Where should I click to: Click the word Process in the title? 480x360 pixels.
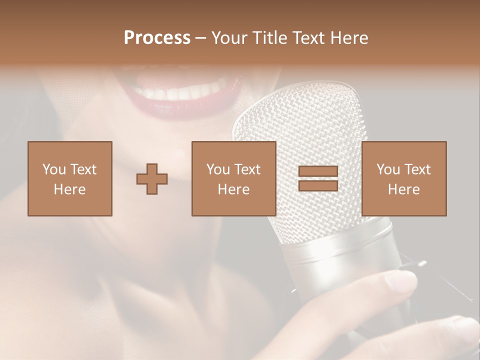coord(157,38)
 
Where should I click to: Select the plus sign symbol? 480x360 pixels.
coord(152,179)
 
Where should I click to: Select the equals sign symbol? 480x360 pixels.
coord(318,179)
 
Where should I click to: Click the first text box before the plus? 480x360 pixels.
coord(69,178)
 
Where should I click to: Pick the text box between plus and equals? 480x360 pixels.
coord(233,178)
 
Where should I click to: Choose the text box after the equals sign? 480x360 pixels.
coord(403,178)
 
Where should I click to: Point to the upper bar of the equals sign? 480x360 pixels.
coord(318,172)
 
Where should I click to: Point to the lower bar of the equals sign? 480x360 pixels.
coord(318,185)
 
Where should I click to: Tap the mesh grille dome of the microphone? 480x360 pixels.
coord(300,130)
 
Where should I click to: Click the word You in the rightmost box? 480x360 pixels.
coord(388,169)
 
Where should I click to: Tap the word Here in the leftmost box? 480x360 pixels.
coord(69,189)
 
